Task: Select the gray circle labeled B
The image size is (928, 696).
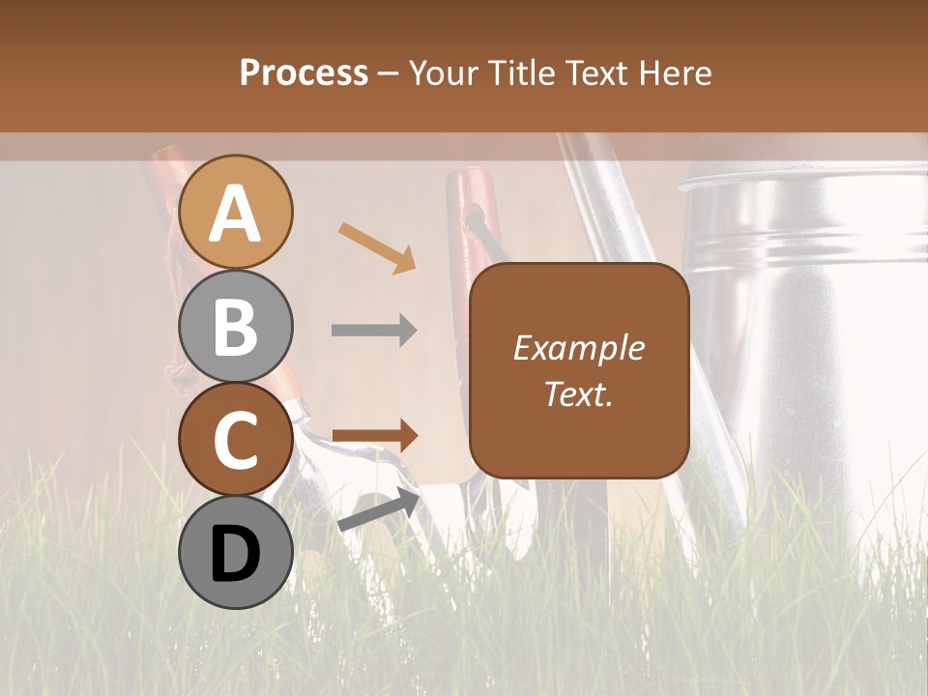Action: pos(236,327)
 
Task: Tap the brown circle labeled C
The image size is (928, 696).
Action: pos(236,439)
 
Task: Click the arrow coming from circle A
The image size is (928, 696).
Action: pos(377,246)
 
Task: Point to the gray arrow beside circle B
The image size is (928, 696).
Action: pos(374,331)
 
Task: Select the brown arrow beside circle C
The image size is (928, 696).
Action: pos(374,436)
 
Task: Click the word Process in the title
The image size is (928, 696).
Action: pos(304,72)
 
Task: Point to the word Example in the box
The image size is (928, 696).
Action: pos(579,348)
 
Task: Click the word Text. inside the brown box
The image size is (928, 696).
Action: pos(578,394)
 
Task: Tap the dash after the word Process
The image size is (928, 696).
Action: pos(389,73)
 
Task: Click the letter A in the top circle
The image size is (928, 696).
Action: pos(236,213)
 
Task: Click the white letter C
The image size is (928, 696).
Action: pos(236,441)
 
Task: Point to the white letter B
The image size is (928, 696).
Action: pos(236,327)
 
